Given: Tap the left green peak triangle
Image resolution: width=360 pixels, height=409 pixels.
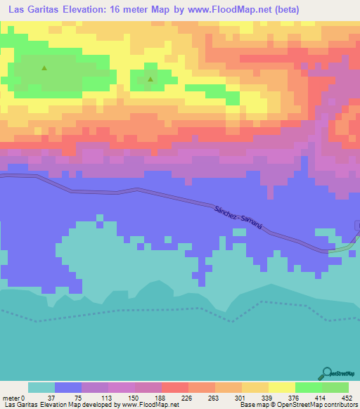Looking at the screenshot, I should [x=44, y=68].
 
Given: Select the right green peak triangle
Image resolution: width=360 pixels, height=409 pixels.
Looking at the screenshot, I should [x=150, y=79].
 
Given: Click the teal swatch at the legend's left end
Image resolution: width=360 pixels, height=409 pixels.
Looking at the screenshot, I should [x=41, y=387].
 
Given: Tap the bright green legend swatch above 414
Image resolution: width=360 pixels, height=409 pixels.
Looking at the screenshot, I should [x=309, y=387].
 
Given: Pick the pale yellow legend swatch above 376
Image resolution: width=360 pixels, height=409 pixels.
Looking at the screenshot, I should [x=282, y=387].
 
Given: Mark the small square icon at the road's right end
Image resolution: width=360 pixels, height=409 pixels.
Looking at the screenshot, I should [x=357, y=225].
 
